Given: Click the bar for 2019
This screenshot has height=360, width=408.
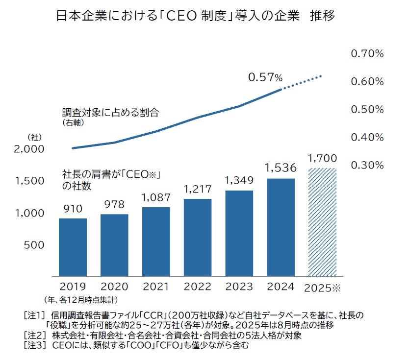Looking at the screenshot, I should pos(73,247).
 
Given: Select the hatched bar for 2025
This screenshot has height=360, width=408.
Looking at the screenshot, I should pos(322,222).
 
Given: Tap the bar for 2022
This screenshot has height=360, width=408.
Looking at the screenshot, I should pos(198,238).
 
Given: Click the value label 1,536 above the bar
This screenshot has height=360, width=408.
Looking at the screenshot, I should pos(280,168).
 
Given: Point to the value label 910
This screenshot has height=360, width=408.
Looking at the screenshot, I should pos(73,208).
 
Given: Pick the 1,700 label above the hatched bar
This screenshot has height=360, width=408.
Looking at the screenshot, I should pos(322,158).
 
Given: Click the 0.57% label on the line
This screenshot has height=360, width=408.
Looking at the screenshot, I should pos(265,77).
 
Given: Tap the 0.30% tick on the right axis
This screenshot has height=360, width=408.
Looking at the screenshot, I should pos(367,165).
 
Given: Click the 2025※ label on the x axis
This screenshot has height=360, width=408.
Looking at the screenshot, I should pos(322,288).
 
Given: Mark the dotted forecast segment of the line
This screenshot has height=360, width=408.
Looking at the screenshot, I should pos(302,82).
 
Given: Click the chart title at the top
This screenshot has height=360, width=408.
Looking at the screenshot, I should pos(196,16).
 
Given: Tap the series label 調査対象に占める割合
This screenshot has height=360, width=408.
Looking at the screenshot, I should pos(110,112).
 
